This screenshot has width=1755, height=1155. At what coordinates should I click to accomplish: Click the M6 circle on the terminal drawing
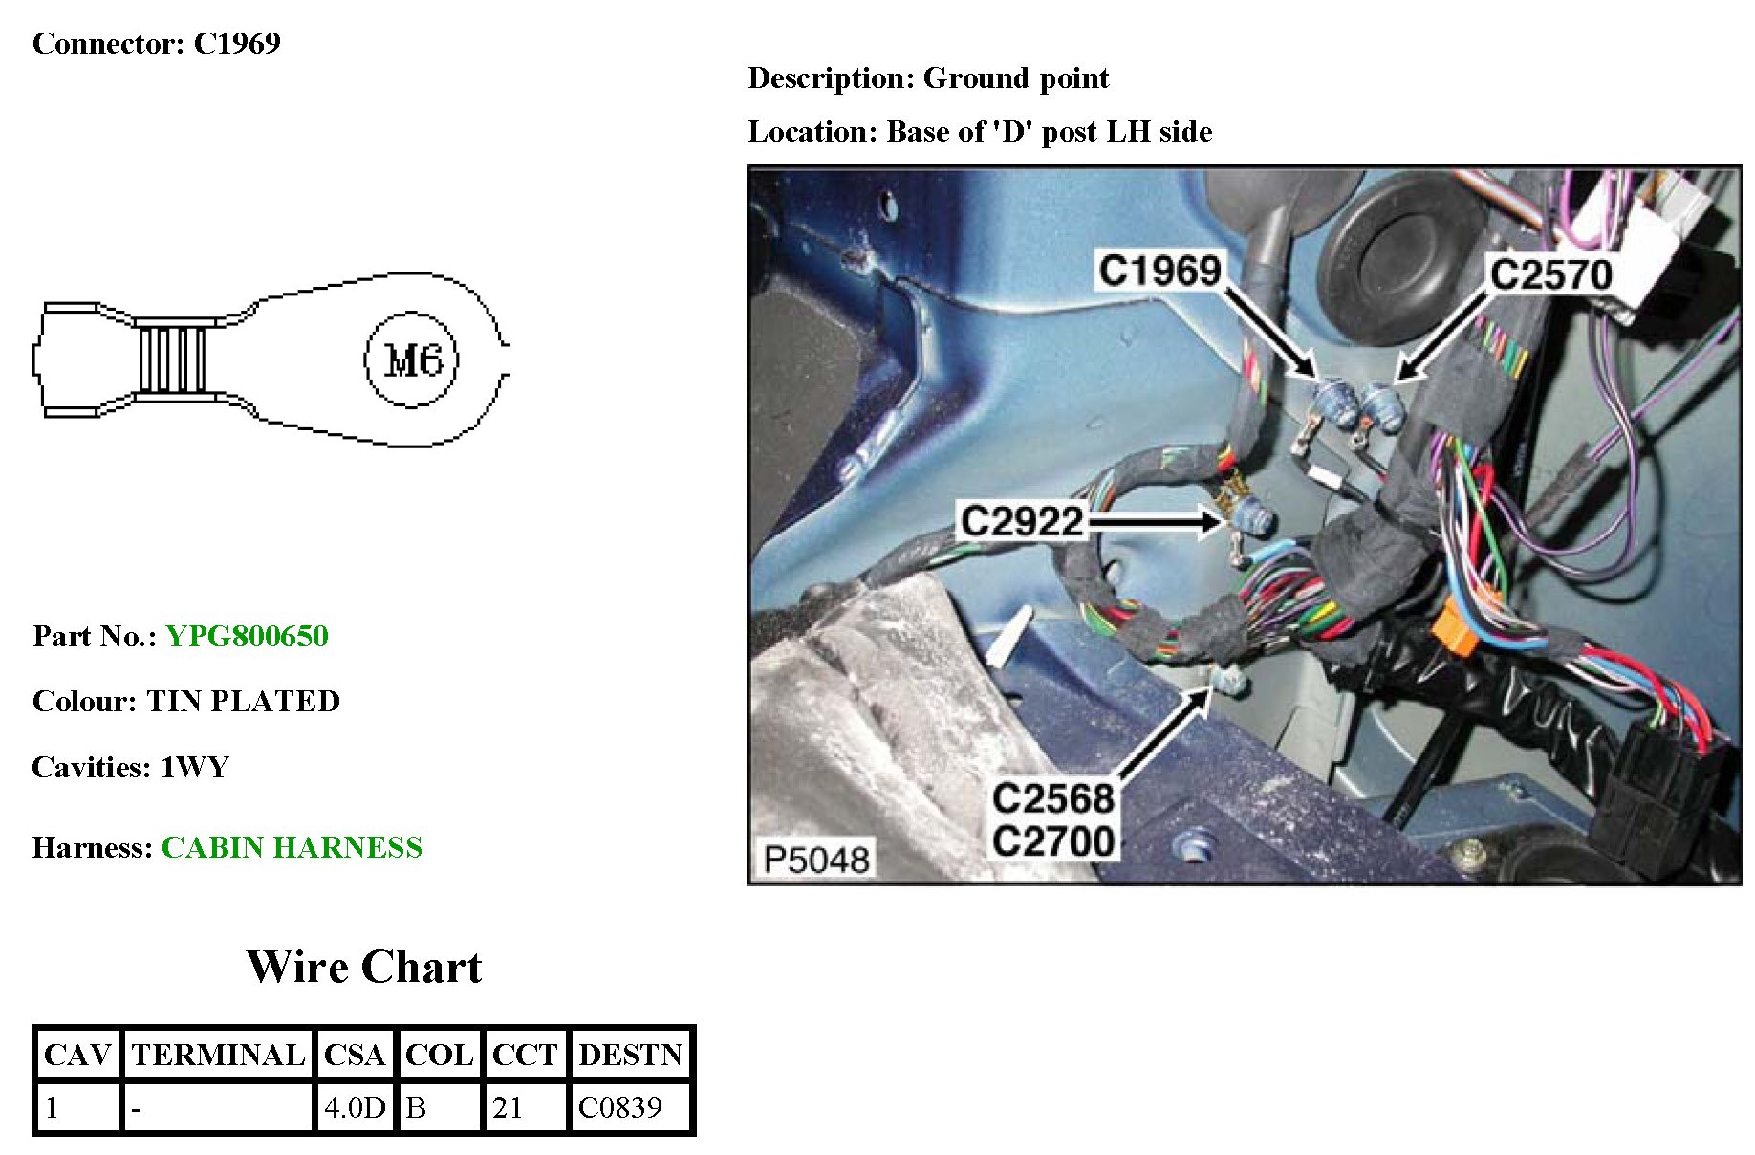coord(412,360)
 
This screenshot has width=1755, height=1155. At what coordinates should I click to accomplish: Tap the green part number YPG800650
coord(247,636)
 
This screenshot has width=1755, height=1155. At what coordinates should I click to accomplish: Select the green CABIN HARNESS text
coord(292,847)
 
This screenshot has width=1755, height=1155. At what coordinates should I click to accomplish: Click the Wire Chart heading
coord(364,967)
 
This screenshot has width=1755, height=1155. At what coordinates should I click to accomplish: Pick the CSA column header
coord(354,1054)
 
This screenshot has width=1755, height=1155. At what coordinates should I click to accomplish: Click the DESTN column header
coord(630,1054)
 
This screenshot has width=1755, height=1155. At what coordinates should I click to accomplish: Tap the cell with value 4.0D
coord(354,1107)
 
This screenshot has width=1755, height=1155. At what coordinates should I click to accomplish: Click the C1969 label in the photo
coord(1159,271)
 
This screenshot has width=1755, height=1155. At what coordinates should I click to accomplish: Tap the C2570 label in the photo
coord(1551,275)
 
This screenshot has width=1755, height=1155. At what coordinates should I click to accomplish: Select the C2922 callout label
coord(1022,522)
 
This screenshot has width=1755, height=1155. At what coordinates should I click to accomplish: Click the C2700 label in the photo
coord(1053,841)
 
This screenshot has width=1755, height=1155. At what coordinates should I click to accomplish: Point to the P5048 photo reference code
coord(816,860)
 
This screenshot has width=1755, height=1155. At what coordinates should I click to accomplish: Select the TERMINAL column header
coord(218,1054)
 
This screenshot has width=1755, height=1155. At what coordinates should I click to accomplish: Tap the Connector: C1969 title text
coord(157,43)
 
